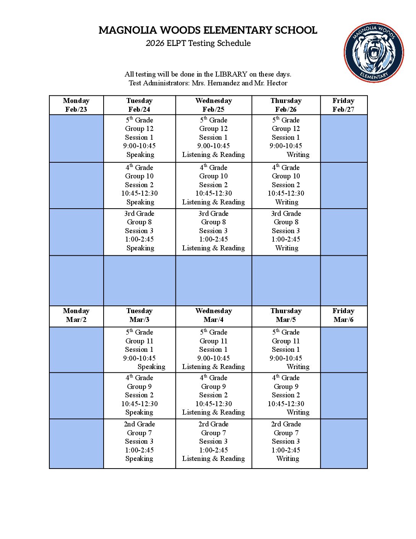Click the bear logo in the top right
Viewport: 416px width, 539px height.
coord(374,52)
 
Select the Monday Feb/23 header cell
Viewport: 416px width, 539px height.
coord(76,105)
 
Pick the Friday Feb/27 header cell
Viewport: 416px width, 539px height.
coord(343,105)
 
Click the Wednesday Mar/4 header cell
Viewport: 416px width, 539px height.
coord(213,315)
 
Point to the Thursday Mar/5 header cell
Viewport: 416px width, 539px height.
coord(286,315)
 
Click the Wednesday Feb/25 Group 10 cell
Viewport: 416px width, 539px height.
coord(213,185)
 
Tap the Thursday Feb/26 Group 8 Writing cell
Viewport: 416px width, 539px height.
coord(286,231)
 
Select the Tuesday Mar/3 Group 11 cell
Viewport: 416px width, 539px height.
coord(139,350)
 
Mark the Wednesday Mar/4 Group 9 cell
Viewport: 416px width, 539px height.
coord(213,395)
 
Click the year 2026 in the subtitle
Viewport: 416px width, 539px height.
coord(155,43)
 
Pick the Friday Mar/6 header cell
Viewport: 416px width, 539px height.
coord(343,315)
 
